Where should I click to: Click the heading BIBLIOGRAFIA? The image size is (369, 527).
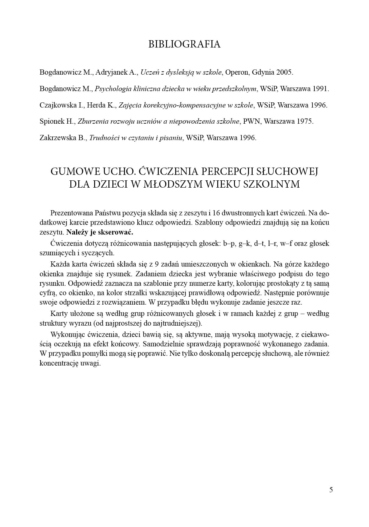(x=184, y=44)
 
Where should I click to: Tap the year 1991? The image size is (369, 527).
(x=321, y=89)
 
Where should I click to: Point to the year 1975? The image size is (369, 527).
(x=304, y=122)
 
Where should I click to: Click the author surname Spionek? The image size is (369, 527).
(x=51, y=122)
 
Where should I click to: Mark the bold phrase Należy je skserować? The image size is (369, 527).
(x=100, y=232)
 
